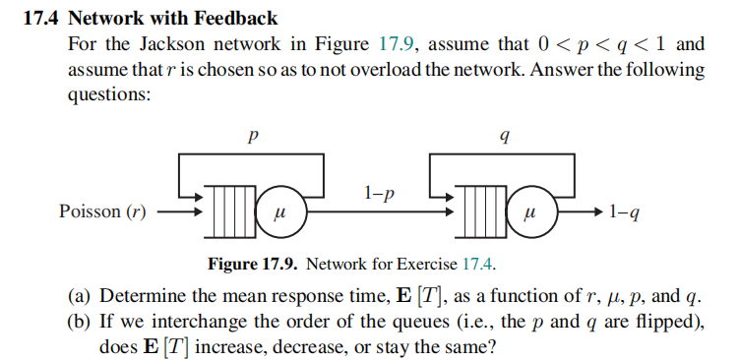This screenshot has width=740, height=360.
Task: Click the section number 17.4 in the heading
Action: [x=38, y=19]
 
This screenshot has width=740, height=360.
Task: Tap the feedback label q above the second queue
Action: [x=504, y=139]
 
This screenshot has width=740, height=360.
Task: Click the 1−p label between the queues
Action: [x=379, y=193]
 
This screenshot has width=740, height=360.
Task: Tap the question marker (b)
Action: [x=81, y=323]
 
